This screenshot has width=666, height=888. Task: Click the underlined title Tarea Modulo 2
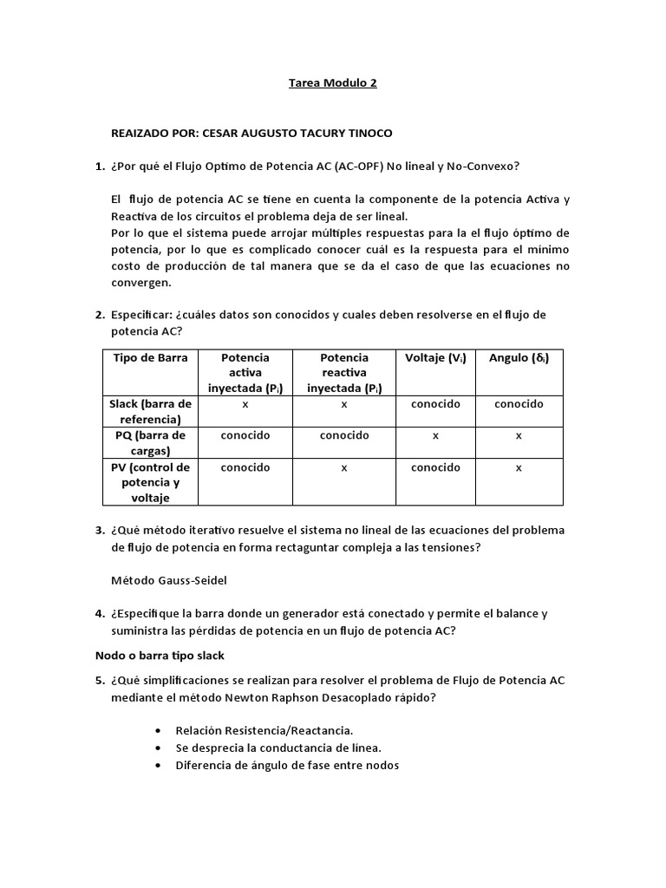[332, 84]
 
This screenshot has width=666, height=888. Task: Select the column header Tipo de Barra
[150, 357]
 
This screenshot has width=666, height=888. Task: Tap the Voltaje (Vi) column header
[435, 357]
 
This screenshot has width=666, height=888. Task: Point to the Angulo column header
[519, 357]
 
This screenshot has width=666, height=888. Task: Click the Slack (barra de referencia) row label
[150, 412]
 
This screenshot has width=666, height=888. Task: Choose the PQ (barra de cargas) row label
[150, 443]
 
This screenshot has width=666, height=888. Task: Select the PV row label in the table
[150, 482]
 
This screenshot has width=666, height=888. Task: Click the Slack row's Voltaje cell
[435, 404]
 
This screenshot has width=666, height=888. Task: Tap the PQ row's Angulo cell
[519, 435]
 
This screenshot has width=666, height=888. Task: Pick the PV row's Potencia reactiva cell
[344, 467]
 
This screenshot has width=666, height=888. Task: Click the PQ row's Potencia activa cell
[245, 435]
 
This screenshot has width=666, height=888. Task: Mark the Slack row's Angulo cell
[519, 404]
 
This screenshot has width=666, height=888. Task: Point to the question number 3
[99, 530]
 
